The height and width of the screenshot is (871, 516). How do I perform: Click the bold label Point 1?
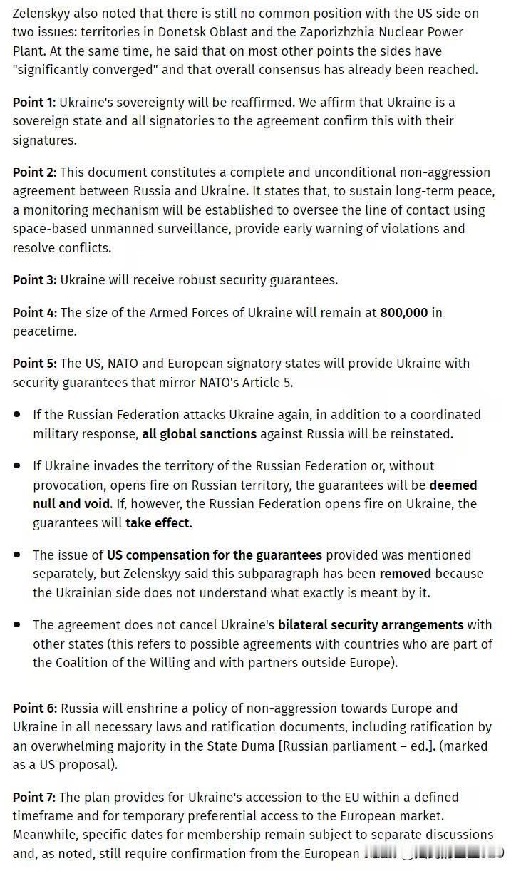33,102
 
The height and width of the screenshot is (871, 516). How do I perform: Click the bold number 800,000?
404,312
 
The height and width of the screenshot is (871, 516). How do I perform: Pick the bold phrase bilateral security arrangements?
371,624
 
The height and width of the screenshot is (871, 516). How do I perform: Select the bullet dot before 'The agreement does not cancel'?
16,625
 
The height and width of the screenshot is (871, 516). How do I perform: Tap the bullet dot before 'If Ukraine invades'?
16,465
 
